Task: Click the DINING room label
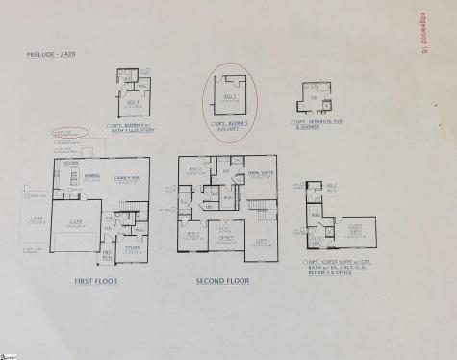(x=92, y=176)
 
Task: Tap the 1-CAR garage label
(x=35, y=220)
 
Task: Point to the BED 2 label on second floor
(x=194, y=168)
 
